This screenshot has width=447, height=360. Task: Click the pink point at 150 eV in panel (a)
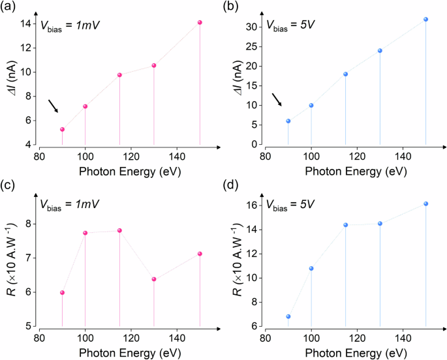coord(200,23)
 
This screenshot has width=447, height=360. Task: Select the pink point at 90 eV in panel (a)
coord(62,129)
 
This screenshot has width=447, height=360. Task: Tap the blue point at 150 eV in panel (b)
coord(426,19)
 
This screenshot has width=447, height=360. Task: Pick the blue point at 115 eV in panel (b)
coord(346,74)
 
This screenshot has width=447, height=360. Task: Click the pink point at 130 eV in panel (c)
coord(154,279)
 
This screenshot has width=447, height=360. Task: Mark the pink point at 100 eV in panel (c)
coord(85,233)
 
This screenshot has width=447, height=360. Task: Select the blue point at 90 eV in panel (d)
coord(288,316)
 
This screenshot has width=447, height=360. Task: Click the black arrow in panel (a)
coord(53,106)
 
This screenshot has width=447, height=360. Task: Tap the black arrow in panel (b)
coord(277,98)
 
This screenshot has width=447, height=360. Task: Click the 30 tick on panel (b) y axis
coord(253,27)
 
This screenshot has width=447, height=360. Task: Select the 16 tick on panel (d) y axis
coord(253,205)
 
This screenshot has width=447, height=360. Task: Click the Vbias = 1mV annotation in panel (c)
coord(72,204)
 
